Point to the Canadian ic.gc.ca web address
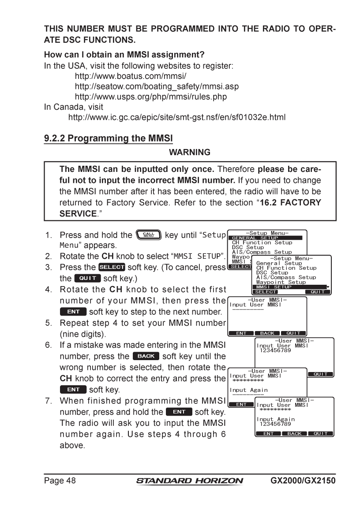tap(176, 118)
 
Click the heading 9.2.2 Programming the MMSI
tap(108, 138)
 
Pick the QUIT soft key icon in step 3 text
tap(88, 279)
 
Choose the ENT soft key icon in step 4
tap(73, 312)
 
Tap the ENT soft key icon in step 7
tap(179, 412)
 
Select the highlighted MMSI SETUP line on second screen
tap(291, 287)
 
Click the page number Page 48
tap(60, 480)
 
